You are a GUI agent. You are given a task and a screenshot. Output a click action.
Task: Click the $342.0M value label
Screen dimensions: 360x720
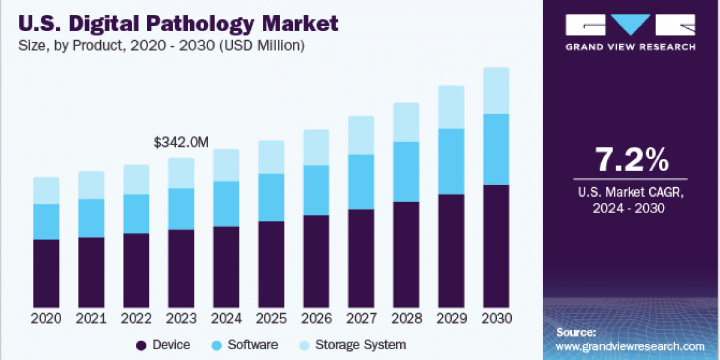tap(181, 143)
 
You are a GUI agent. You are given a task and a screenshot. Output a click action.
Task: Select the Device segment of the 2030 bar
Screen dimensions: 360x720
tap(496, 246)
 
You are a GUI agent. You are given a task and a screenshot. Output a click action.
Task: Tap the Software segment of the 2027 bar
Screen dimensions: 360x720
tap(361, 182)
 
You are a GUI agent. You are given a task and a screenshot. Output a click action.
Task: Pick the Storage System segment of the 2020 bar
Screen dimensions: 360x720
tap(46, 190)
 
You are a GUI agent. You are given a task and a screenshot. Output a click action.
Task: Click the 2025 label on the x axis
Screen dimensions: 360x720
tap(271, 319)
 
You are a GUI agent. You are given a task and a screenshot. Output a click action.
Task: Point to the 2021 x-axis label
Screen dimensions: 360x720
tap(91, 319)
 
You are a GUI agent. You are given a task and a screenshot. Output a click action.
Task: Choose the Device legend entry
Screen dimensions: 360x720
tap(164, 345)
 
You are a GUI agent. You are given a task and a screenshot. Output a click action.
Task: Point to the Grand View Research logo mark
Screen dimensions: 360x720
tap(631, 26)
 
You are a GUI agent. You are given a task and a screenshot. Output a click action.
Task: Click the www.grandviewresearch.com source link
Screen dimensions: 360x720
tap(631, 346)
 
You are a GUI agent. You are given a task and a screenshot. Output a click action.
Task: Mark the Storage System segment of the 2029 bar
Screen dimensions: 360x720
tap(451, 107)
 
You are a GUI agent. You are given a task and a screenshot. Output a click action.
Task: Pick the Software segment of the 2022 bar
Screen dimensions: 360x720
tap(136, 214)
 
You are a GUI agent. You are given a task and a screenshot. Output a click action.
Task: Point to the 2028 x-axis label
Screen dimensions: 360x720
tap(406, 319)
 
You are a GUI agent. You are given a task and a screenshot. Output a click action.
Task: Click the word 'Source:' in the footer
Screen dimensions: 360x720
tap(576, 332)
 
